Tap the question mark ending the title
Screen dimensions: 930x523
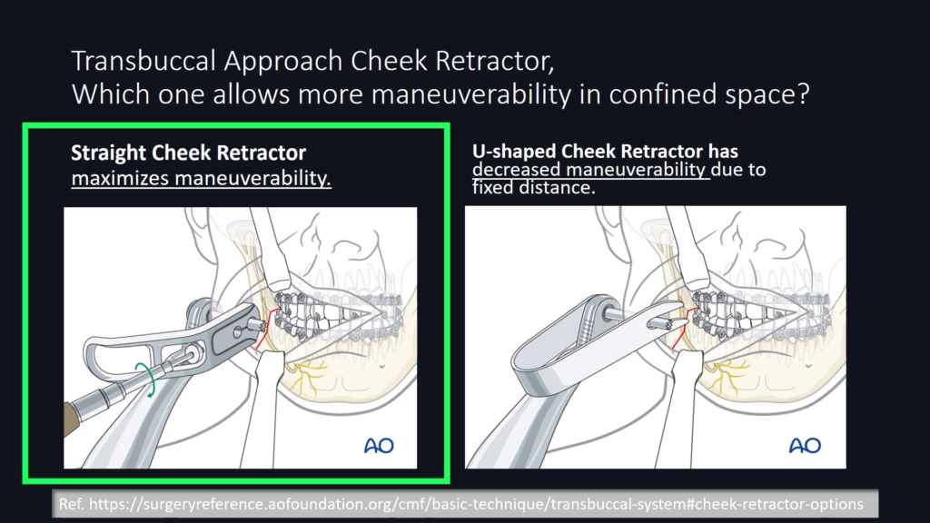(x=803, y=94)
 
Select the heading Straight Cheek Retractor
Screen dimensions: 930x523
(x=189, y=153)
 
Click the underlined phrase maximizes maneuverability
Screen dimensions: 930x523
(x=201, y=178)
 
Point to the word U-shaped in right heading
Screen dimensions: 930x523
(x=514, y=152)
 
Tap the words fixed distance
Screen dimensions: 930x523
(x=533, y=188)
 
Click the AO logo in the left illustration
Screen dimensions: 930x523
(x=379, y=445)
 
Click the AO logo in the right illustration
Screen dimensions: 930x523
(x=805, y=445)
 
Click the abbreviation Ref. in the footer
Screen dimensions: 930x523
(x=71, y=504)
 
